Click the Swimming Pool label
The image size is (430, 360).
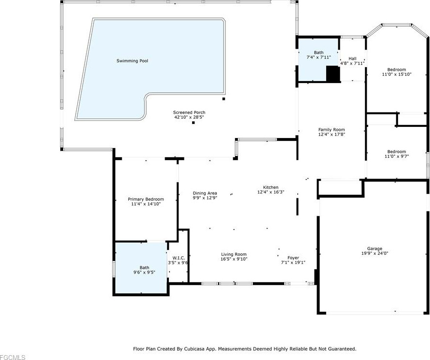point(132,61)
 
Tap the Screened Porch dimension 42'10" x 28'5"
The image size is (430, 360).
point(189,117)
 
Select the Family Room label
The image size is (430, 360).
point(332,130)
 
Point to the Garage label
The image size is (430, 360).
point(375,249)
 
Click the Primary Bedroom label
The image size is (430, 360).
point(146,199)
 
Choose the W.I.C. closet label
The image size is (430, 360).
point(179,258)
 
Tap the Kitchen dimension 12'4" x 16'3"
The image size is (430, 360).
point(271,192)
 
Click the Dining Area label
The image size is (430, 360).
point(205,193)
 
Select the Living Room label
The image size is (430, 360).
point(234,254)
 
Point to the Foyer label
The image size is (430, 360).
point(293,258)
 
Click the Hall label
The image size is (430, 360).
point(352,58)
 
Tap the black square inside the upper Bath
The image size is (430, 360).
point(333,73)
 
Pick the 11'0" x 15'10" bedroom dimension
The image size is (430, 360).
point(397,74)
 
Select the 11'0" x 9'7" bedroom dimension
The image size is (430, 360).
point(397,156)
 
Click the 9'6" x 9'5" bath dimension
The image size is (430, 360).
point(144,272)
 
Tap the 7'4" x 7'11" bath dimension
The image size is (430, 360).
point(319,57)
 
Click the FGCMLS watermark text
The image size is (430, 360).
point(13,357)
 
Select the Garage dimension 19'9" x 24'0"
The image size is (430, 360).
point(375,253)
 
